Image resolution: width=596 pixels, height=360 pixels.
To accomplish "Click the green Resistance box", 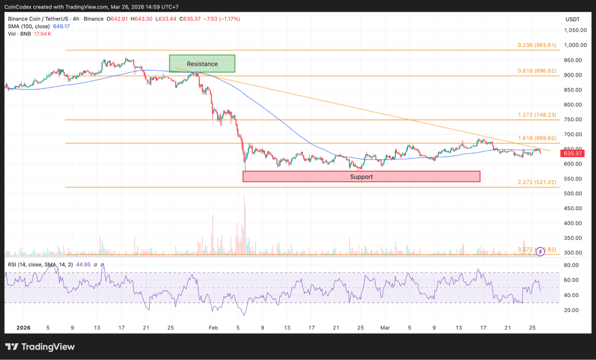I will point(202,64).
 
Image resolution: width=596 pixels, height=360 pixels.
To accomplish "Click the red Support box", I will point(361,177).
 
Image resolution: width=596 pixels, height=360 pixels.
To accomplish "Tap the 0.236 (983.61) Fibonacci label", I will point(537,45).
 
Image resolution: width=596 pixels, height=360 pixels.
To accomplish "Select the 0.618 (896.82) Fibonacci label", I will point(537,71).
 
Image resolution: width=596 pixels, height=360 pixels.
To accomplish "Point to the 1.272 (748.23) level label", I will point(537,115).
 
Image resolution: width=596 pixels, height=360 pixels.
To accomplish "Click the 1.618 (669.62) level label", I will point(537,138).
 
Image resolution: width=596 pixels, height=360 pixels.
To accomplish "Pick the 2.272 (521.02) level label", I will point(537,182).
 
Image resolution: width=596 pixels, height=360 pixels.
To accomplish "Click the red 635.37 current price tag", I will point(573,153).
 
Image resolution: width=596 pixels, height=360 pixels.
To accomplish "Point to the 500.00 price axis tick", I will point(573,194).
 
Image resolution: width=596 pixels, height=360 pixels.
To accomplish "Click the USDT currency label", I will point(573,19).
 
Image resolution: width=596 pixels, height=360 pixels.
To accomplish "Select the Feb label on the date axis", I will point(213,328).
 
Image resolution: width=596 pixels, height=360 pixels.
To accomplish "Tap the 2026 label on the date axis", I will point(23,328).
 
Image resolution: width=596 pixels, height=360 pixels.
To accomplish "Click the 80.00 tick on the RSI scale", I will point(571,265).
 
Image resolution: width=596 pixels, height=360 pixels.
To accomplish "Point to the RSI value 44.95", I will point(83,265).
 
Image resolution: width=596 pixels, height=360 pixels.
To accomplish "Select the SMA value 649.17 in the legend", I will point(61,26).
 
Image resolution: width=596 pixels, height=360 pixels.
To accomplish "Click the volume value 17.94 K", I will point(42,34).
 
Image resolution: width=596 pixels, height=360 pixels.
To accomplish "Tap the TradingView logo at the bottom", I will point(40,347).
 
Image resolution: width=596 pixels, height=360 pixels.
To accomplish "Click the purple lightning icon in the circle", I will point(540,252).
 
